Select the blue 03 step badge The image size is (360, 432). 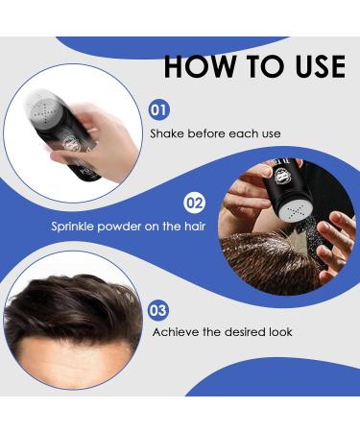point(159,309)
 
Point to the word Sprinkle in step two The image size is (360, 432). point(76,228)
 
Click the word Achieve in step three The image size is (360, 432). point(177,332)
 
